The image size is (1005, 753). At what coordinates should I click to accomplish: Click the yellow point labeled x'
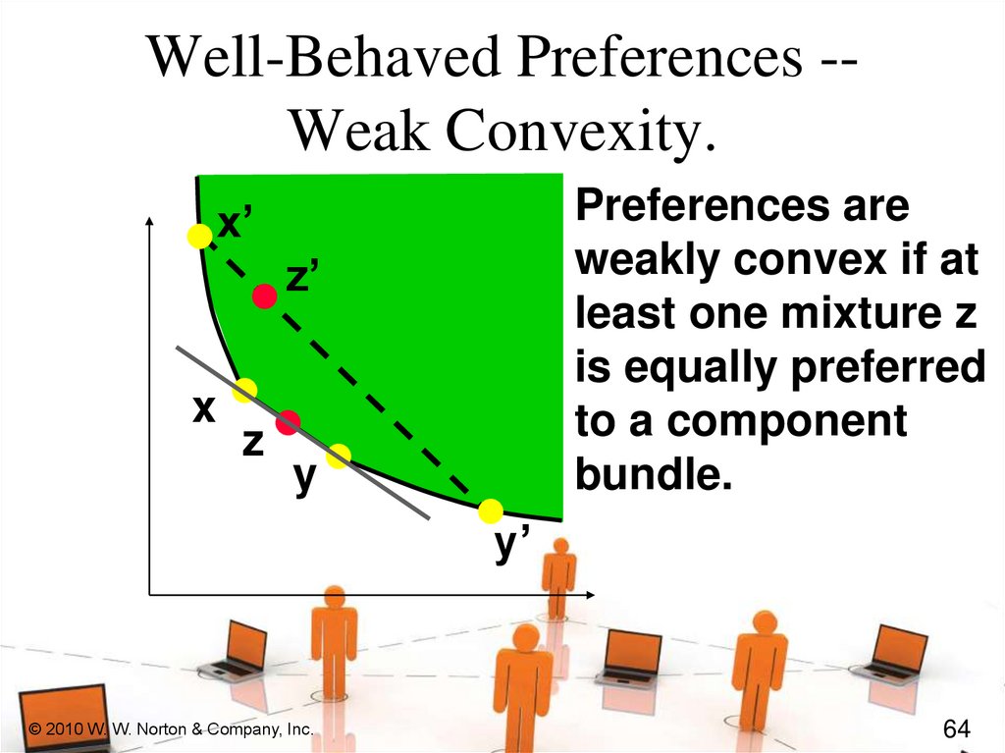(x=200, y=236)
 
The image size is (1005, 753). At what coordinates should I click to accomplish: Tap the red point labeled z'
(x=265, y=296)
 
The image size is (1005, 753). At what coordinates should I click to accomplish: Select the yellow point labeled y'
(x=491, y=511)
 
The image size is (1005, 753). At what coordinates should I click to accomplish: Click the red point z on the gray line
(x=288, y=423)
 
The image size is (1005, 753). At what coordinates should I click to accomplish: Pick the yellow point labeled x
(x=244, y=390)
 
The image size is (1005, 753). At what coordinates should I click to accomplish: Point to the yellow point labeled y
(x=339, y=457)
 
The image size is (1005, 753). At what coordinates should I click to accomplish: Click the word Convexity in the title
(x=580, y=130)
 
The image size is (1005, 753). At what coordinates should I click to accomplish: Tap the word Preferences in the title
(x=661, y=56)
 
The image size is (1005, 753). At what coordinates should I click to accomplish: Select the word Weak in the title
(x=359, y=130)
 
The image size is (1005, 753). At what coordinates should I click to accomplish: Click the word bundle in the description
(x=653, y=474)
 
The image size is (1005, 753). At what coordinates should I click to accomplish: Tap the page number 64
(x=957, y=728)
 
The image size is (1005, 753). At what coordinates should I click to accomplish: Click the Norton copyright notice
(x=171, y=729)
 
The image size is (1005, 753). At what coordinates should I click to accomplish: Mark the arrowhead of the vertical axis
(x=150, y=221)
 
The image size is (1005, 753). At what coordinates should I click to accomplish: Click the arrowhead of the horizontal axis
(x=590, y=595)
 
